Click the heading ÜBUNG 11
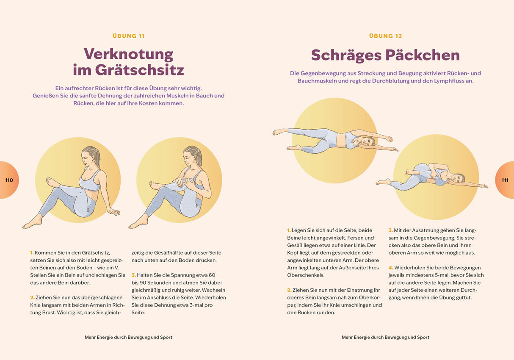pos(129,36)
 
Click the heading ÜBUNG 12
pos(385,36)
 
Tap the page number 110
pos(9,180)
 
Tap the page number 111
pos(505,180)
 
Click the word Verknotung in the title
pos(129,54)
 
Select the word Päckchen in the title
pos(423,55)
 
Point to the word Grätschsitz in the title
pos(140,69)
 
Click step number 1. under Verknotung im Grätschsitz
pos(32,253)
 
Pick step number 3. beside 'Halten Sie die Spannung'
pos(133,275)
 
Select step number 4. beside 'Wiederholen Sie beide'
pos(391,268)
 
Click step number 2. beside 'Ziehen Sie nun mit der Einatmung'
pos(289,290)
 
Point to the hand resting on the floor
pos(114,211)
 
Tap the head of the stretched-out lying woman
pos(368,141)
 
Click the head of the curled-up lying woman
pos(458,177)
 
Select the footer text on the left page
pos(129,337)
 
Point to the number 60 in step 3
pos(212,275)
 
